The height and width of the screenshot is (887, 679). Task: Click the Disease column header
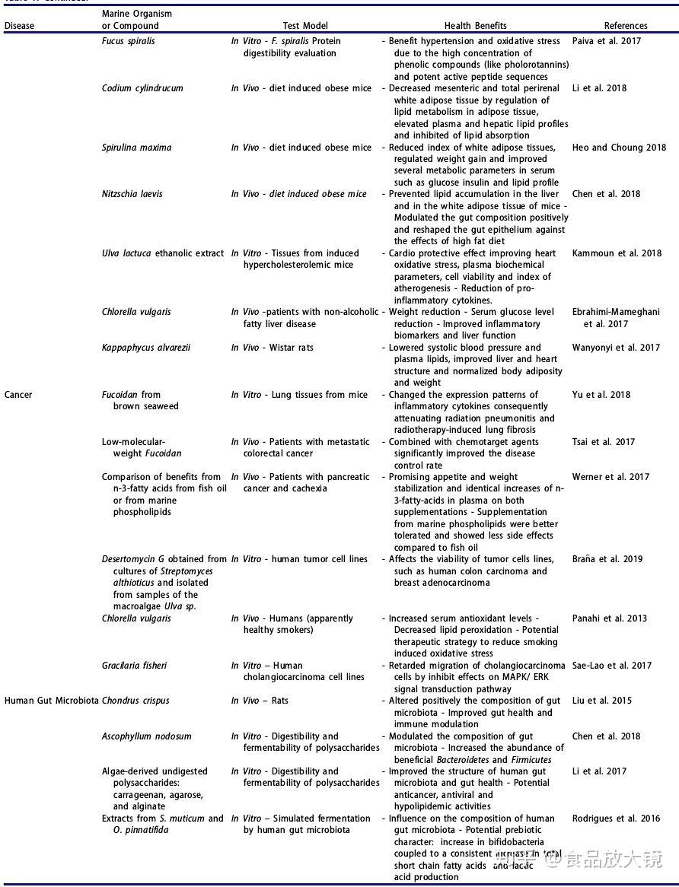tap(19, 26)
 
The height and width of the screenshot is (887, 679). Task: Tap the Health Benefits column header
tap(475, 26)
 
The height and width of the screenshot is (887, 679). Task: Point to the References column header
tap(626, 26)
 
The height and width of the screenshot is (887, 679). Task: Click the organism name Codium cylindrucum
tap(142, 88)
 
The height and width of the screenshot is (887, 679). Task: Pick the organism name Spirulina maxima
tap(136, 148)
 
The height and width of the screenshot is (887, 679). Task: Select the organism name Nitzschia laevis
tap(132, 194)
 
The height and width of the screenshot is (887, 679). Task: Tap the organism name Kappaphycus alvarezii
tap(146, 348)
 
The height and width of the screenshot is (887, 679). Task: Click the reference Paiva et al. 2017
tap(607, 41)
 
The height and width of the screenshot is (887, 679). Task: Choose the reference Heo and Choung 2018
tap(619, 148)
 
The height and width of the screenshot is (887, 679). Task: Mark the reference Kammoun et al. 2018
tap(617, 253)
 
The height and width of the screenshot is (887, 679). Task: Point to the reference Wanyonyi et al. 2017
tap(616, 348)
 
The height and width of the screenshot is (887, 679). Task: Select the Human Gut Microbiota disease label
tap(51, 701)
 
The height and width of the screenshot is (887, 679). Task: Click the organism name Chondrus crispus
tap(135, 701)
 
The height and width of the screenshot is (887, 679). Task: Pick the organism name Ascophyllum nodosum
tap(147, 736)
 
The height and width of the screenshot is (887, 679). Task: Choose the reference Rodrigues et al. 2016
tap(616, 819)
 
